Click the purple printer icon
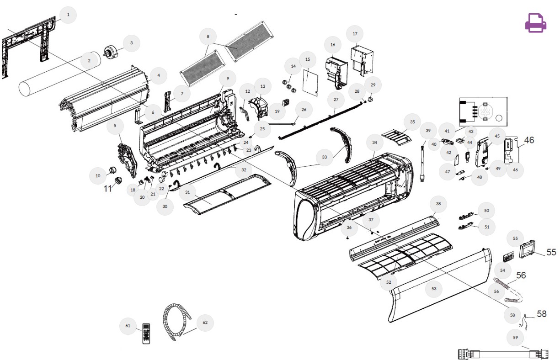(535, 23)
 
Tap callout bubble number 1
(68, 15)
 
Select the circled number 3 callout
(132, 43)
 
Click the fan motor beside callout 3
(111, 52)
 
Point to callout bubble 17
(355, 34)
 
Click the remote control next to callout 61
(146, 334)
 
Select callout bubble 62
(205, 323)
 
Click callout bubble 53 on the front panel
(434, 289)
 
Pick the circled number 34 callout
(374, 143)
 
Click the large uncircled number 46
(529, 140)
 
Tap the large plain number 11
(107, 188)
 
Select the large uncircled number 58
(542, 314)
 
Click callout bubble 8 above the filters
(208, 37)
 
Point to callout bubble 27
(336, 100)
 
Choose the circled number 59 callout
(515, 338)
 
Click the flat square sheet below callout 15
(310, 82)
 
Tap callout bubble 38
(438, 204)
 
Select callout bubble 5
(115, 126)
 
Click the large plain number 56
(521, 275)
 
